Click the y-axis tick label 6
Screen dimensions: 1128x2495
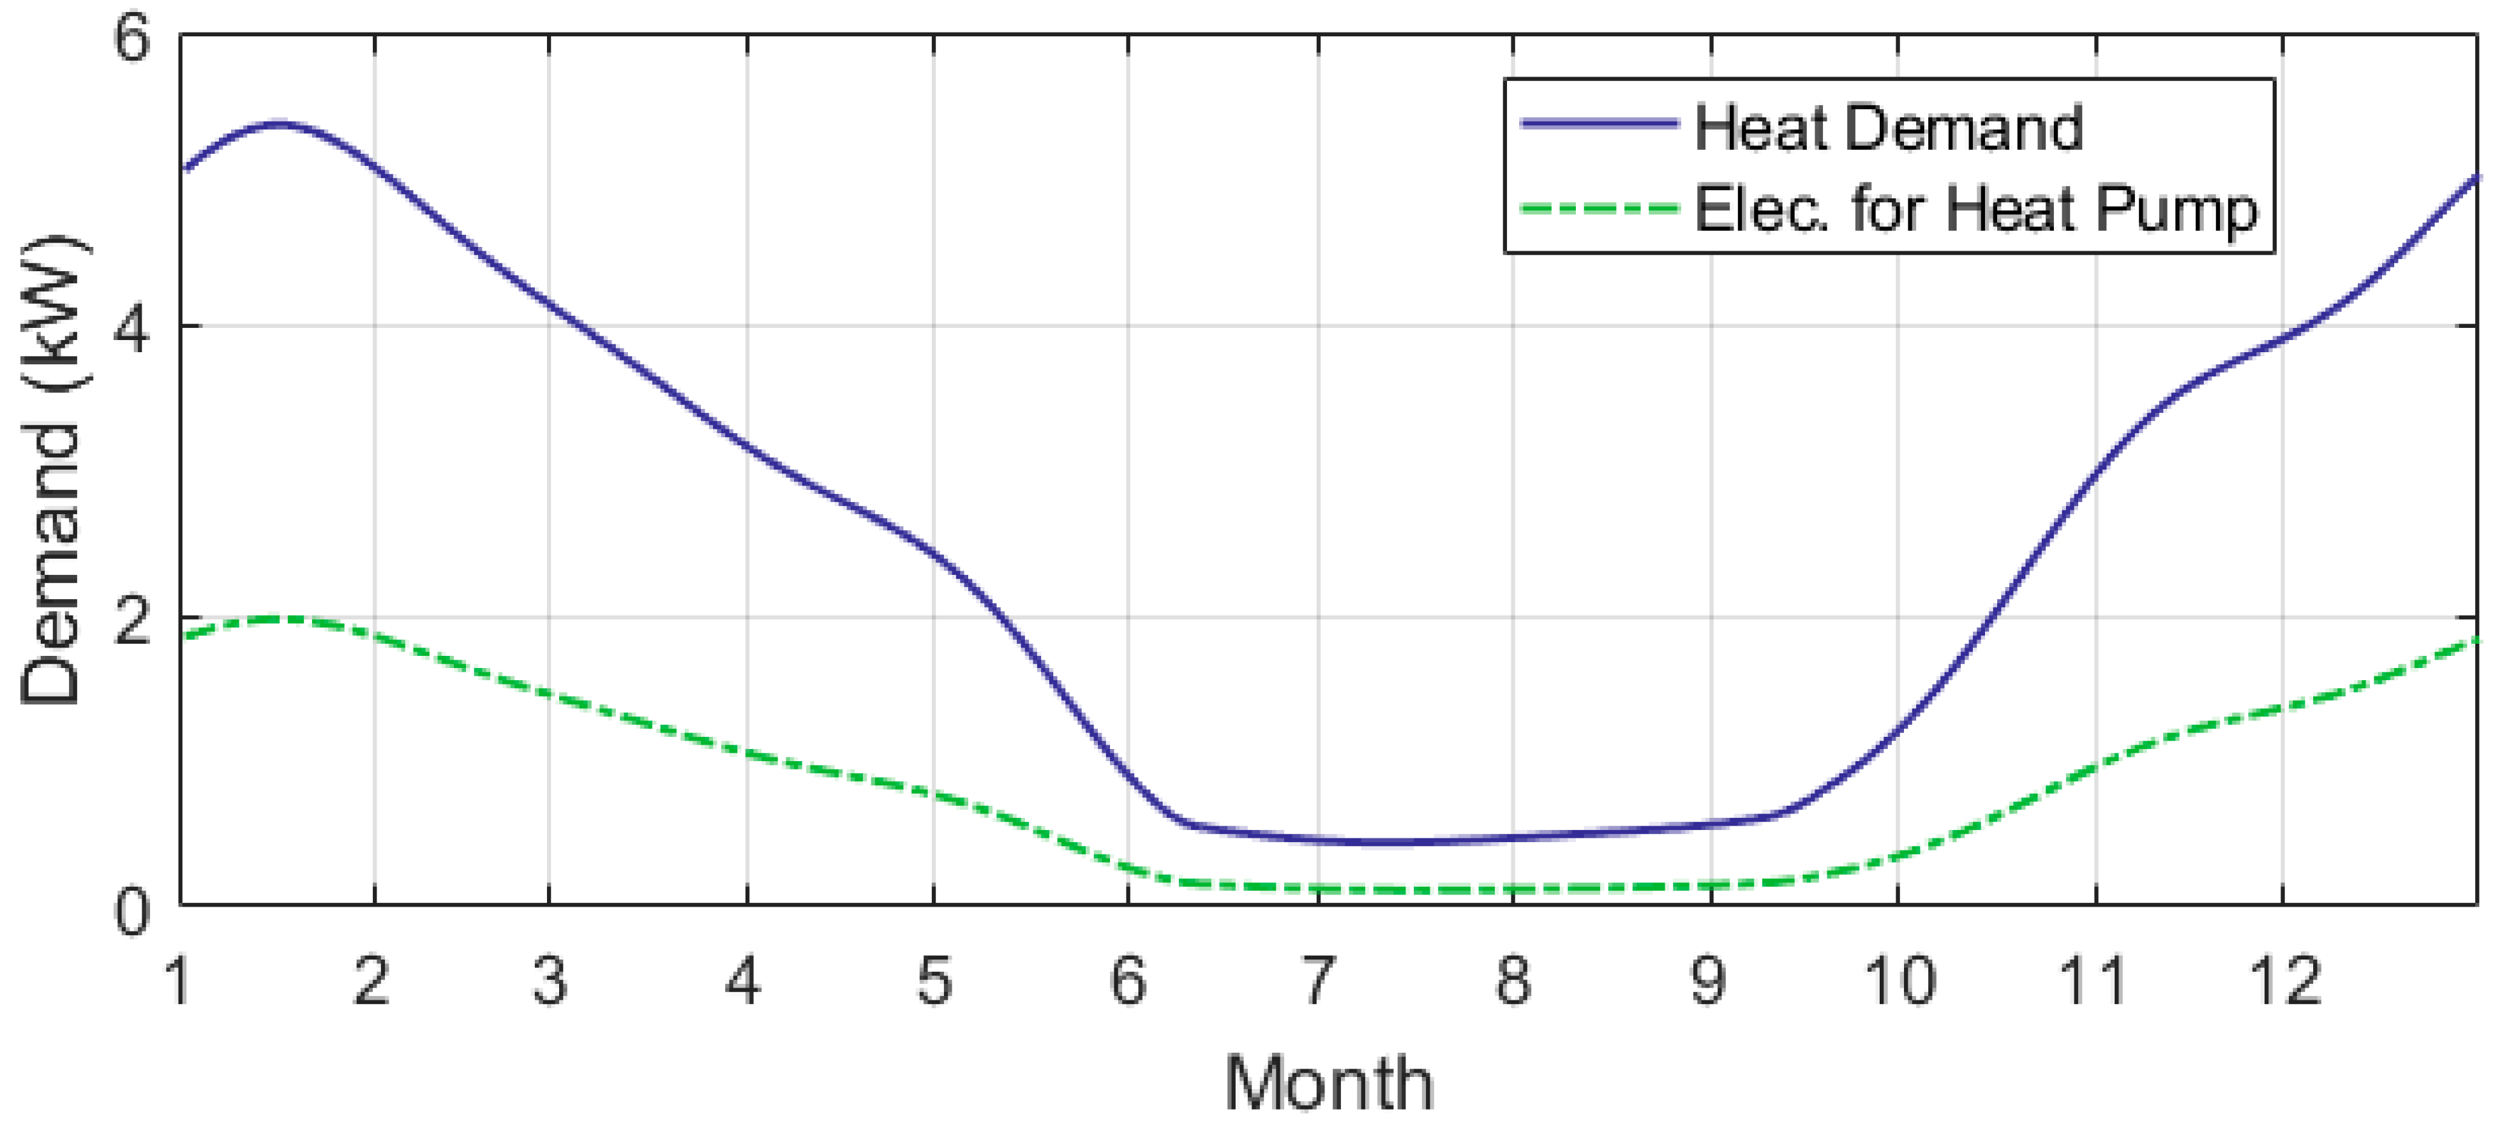133,41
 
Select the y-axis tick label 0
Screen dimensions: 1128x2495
133,911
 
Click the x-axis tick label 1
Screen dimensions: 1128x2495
179,980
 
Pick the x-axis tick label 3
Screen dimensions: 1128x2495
549,980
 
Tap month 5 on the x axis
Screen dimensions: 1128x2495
934,980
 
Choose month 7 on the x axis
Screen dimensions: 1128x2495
1317,980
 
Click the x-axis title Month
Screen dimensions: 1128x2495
1329,1083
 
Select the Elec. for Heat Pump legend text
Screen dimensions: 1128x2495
1976,209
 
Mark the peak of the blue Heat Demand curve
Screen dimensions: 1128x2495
279,123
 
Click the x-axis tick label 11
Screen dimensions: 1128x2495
2095,980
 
